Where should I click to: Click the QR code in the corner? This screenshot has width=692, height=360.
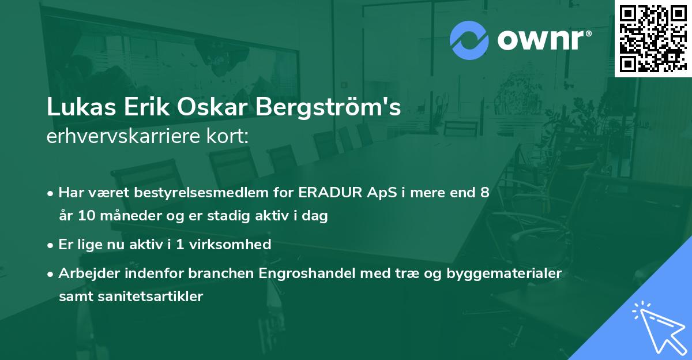point(653,38)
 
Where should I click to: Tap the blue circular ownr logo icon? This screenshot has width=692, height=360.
point(469,40)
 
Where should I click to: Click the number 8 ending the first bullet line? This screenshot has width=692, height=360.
point(484,193)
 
